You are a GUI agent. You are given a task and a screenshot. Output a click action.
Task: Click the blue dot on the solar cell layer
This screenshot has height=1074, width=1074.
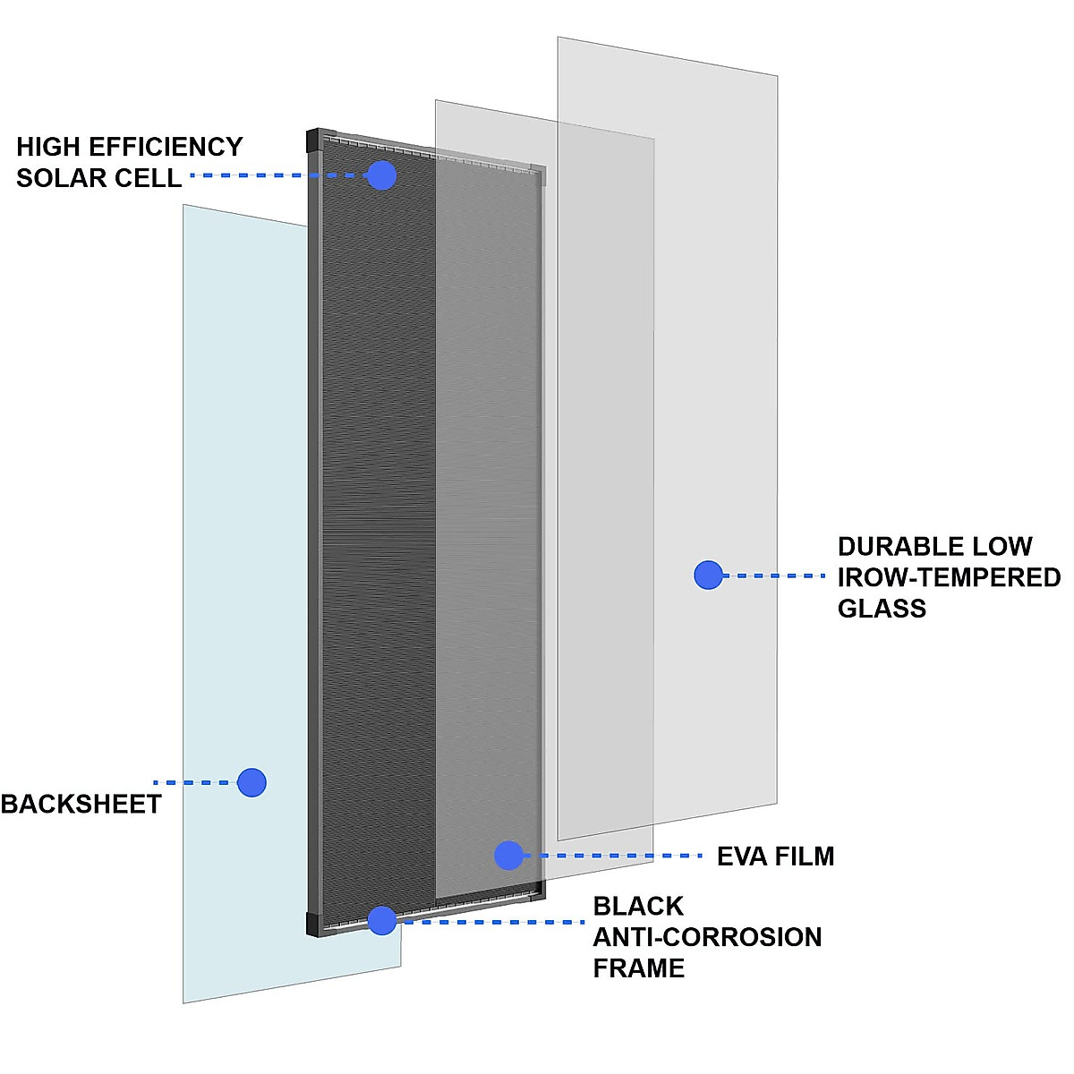pyautogui.click(x=382, y=175)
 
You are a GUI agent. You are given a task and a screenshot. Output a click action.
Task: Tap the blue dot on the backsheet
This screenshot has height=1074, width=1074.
pyautogui.click(x=252, y=782)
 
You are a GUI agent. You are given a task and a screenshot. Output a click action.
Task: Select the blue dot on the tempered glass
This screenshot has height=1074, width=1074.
pyautogui.click(x=708, y=575)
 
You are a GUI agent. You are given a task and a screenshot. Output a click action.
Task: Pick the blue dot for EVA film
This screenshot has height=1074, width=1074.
pyautogui.click(x=508, y=856)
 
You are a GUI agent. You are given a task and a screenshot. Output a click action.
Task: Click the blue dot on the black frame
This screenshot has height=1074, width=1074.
pyautogui.click(x=382, y=920)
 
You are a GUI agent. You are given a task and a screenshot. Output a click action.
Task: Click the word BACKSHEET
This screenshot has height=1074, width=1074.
pyautogui.click(x=81, y=805)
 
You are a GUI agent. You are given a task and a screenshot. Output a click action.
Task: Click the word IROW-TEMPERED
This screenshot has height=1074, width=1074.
pyautogui.click(x=949, y=578)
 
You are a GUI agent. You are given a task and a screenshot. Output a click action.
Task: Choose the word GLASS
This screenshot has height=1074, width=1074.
pyautogui.click(x=882, y=609)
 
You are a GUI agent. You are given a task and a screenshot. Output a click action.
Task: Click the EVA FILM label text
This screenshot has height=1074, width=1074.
pyautogui.click(x=775, y=857)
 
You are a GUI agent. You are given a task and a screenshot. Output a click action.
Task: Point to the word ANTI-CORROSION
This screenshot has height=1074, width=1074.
pyautogui.click(x=707, y=937)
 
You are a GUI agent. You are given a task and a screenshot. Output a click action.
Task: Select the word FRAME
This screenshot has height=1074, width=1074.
pyautogui.click(x=638, y=968)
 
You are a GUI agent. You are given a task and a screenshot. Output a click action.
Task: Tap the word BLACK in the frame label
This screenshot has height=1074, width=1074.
pyautogui.click(x=638, y=907)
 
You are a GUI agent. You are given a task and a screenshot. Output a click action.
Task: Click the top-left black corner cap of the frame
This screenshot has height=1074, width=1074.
pyautogui.click(x=313, y=141)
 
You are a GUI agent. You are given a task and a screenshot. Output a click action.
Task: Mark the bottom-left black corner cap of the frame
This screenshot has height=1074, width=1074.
pyautogui.click(x=314, y=925)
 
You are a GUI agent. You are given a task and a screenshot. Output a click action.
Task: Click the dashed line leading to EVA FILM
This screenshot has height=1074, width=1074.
pyautogui.click(x=618, y=856)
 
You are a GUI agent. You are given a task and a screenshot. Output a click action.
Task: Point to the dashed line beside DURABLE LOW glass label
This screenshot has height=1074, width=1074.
pyautogui.click(x=774, y=575)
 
